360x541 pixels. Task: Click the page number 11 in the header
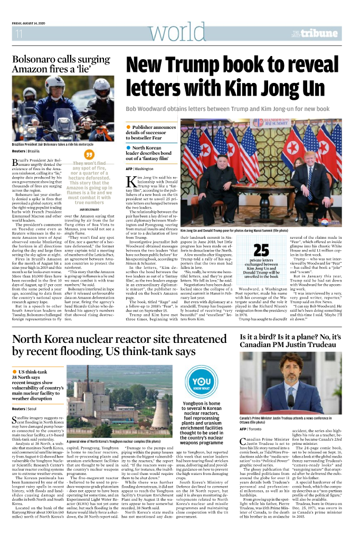[x=19, y=34]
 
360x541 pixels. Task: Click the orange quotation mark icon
[x=89, y=154]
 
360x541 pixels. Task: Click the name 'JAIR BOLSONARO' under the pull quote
[x=89, y=210]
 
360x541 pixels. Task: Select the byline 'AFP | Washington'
[x=140, y=169]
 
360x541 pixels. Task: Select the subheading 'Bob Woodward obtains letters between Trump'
[x=227, y=109]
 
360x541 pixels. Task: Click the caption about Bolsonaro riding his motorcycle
[x=52, y=144]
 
